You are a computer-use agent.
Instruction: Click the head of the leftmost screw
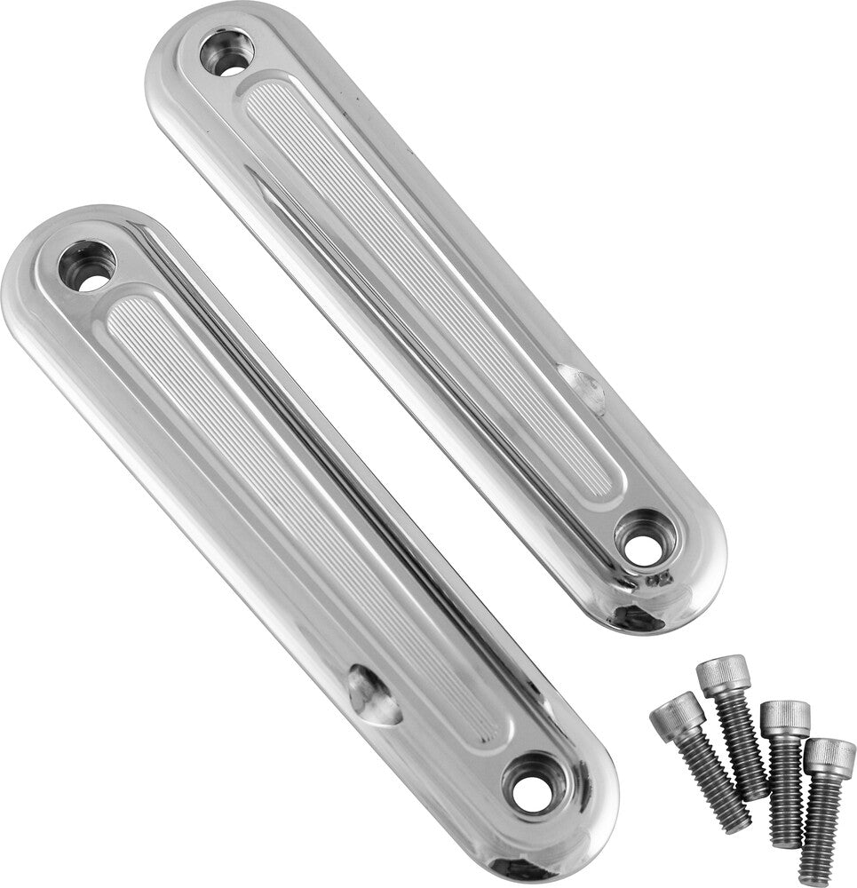pos(677,716)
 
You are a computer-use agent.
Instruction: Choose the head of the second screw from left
pos(723,675)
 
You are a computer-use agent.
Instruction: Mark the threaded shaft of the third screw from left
pos(786,790)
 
